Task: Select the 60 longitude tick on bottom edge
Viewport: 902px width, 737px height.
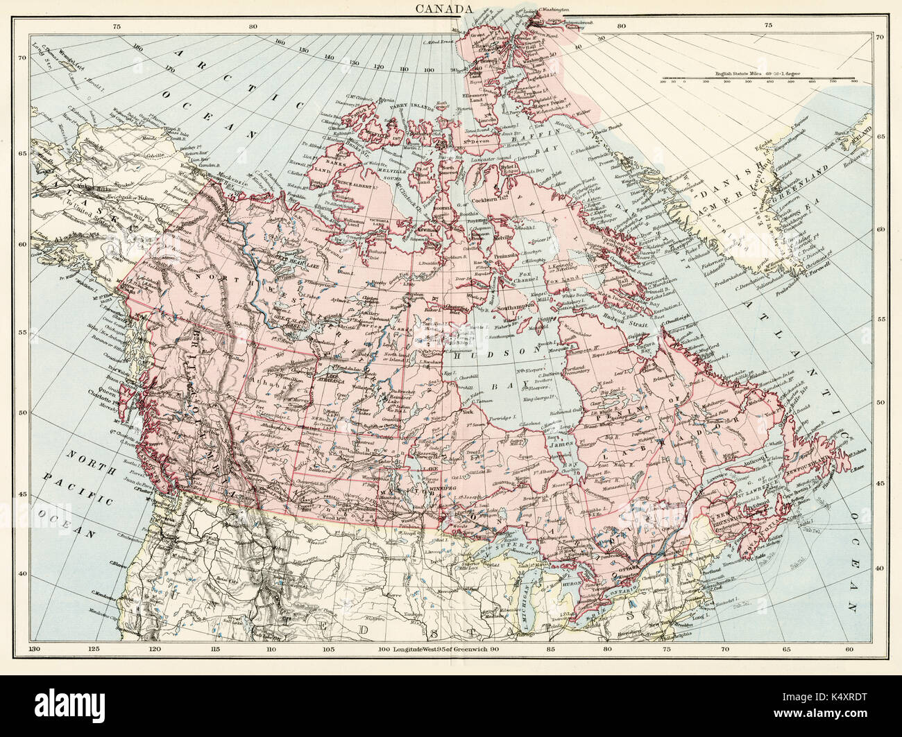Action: pyautogui.click(x=851, y=648)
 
